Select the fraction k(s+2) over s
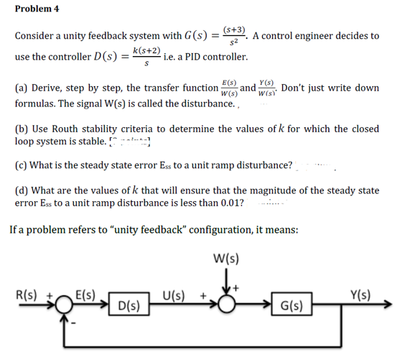pyautogui.click(x=146, y=57)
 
